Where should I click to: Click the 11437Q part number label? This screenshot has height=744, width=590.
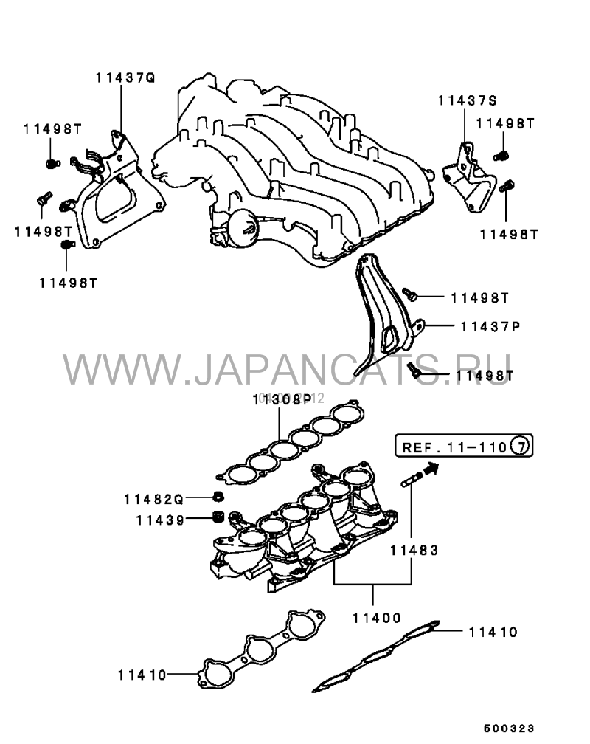pos(125,77)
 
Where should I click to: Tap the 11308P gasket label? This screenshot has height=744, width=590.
pos(282,400)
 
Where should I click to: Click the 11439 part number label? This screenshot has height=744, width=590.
pos(159,519)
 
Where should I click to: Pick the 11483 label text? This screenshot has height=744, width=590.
pos(414,550)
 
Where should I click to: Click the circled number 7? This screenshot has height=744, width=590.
pos(521,447)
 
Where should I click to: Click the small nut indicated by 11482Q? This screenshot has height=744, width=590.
pos(219,495)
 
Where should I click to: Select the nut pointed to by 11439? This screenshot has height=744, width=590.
pos(218,516)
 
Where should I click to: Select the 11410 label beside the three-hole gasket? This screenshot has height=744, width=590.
pos(142,674)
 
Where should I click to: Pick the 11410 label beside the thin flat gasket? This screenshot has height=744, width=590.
pos(493,633)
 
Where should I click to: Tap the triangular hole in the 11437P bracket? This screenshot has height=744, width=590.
pos(389,340)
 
